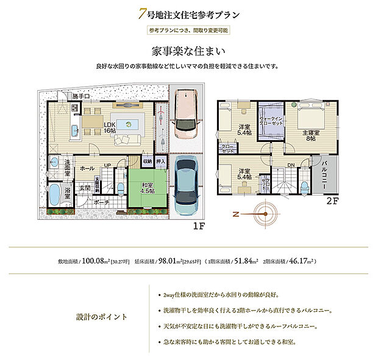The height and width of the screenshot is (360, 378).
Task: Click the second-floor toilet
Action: (304, 185)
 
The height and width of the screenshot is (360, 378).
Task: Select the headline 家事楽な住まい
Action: (189, 50)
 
